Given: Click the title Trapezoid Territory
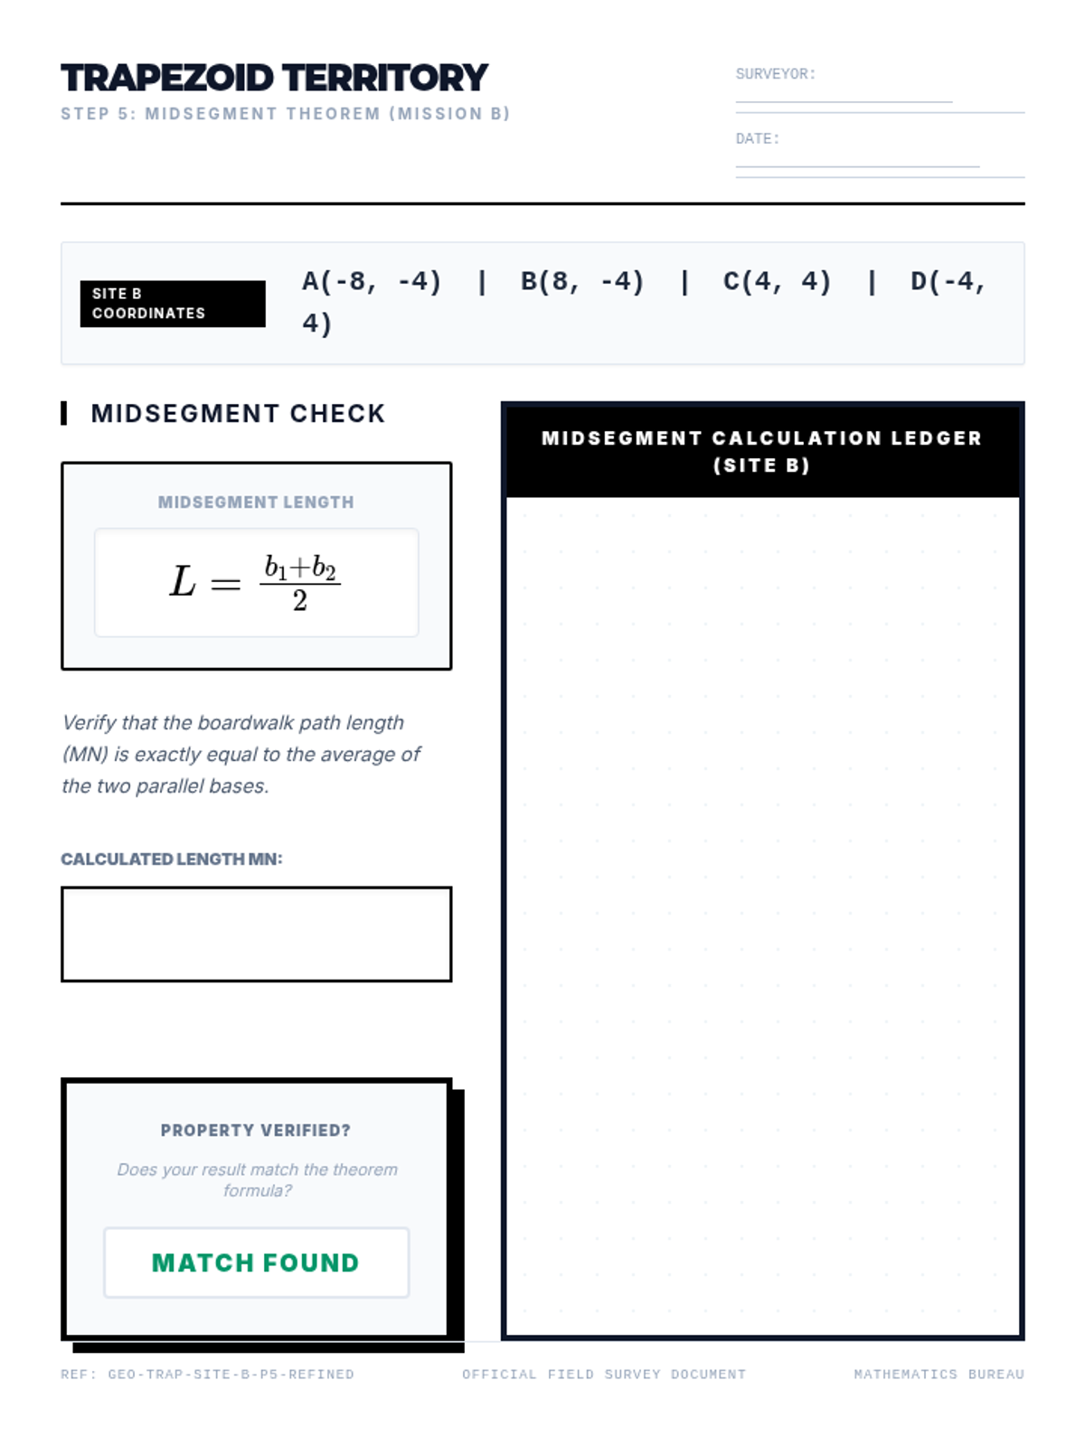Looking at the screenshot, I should tap(274, 79).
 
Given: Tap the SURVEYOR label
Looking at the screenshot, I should tap(775, 74).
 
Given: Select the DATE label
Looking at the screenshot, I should tap(757, 139).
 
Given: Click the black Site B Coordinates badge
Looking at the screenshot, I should tap(173, 304).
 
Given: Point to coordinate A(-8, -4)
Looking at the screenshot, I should tap(372, 282).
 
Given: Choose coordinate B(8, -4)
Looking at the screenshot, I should tap(582, 282).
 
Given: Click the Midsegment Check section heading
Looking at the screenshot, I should tap(238, 414).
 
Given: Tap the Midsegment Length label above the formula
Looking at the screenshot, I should tap(256, 502).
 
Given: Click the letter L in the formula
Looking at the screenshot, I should tap(183, 582).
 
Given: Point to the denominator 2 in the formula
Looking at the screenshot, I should tap(300, 601).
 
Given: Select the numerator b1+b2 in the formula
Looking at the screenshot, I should tap(300, 568).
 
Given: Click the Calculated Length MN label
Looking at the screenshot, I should tap(172, 859).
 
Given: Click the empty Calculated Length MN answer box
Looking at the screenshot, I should tap(256, 934).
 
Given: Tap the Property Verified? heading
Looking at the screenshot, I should tap(256, 1131).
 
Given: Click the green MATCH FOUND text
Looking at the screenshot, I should tap(256, 1263).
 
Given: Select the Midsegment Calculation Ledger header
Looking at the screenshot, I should tap(762, 451).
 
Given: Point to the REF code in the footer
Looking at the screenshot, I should tap(208, 1375).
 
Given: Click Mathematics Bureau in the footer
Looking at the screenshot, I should tap(939, 1375).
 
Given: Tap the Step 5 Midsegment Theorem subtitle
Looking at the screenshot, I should tap(286, 114).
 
